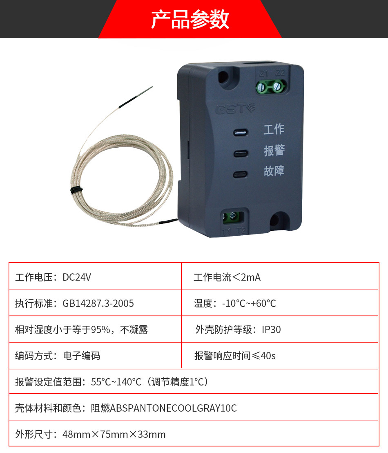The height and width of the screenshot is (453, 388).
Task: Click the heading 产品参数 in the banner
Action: pos(190,19)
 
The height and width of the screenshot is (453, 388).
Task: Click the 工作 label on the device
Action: pos(274,129)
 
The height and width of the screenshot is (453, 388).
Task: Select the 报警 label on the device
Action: pos(274,150)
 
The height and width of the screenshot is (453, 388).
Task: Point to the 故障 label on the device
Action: pos(274,171)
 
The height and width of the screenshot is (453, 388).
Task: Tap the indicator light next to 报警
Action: pos(240,153)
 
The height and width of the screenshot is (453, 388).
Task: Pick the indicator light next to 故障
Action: pos(240,175)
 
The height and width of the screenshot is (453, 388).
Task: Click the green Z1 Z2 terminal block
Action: pos(271,86)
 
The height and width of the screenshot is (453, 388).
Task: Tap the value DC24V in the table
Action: pos(77,277)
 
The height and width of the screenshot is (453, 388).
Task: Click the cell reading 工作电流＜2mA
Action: pos(227,277)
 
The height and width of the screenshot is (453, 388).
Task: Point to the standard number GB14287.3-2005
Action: pos(98,304)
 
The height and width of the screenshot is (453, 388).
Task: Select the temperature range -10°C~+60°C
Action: pos(249,304)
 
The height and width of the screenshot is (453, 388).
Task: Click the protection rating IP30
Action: pos(271,330)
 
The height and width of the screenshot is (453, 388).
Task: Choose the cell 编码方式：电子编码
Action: pos(58,356)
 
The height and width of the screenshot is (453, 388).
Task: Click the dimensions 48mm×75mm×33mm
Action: pos(114,435)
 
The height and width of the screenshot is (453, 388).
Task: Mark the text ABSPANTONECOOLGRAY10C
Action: pos(174,408)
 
